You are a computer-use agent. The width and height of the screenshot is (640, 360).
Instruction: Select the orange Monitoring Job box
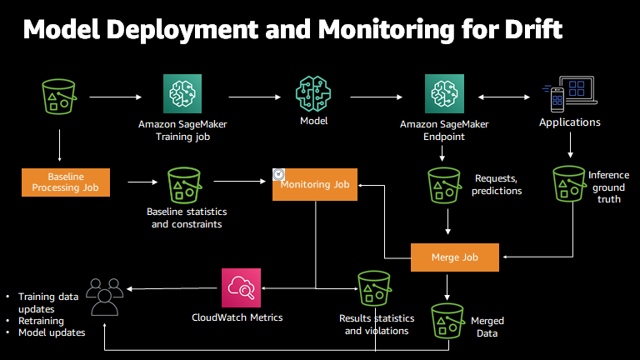click(315, 183)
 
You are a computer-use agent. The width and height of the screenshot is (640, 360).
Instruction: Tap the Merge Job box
click(455, 257)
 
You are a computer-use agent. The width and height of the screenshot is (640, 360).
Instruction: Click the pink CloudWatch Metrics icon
click(242, 288)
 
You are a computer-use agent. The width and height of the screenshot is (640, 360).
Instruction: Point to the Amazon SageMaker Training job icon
click(182, 95)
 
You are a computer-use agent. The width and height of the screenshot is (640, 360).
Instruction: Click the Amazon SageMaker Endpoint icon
click(444, 95)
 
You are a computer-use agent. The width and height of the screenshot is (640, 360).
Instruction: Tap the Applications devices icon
click(569, 95)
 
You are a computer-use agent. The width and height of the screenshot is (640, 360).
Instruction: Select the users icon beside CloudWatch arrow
click(103, 295)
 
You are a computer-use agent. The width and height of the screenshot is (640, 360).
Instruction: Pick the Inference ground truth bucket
click(570, 182)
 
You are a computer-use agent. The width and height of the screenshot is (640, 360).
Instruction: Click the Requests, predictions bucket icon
click(444, 182)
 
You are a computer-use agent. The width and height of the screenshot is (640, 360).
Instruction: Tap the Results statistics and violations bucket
click(374, 288)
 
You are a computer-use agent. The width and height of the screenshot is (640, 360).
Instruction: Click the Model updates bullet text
click(52, 332)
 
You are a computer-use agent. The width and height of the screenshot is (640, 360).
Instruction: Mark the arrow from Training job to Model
click(249, 98)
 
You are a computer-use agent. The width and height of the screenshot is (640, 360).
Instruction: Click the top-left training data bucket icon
click(60, 96)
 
